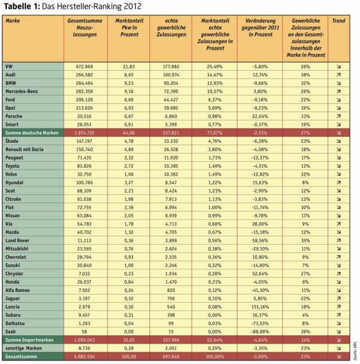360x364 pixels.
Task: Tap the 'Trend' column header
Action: tap(338, 21)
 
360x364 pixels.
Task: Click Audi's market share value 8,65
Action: tap(125, 74)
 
